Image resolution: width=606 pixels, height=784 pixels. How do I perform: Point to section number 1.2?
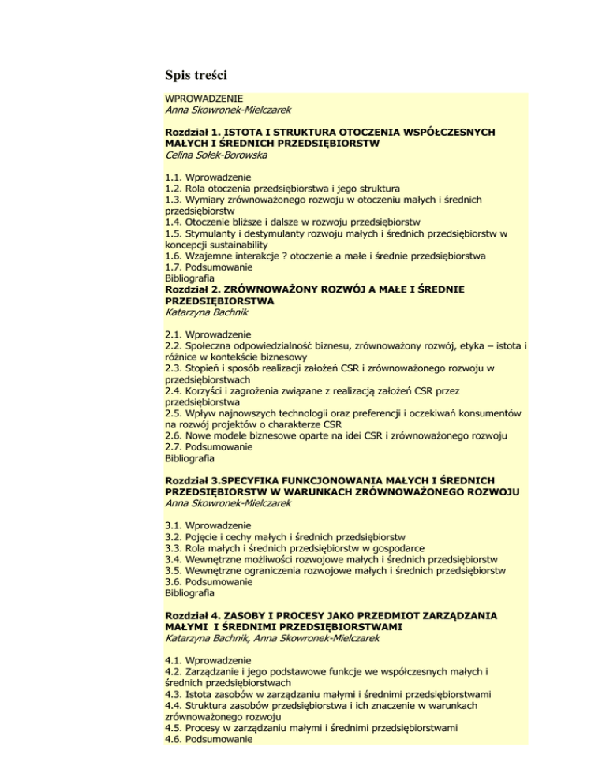click(175, 189)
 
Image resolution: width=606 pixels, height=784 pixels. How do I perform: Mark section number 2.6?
click(175, 435)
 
